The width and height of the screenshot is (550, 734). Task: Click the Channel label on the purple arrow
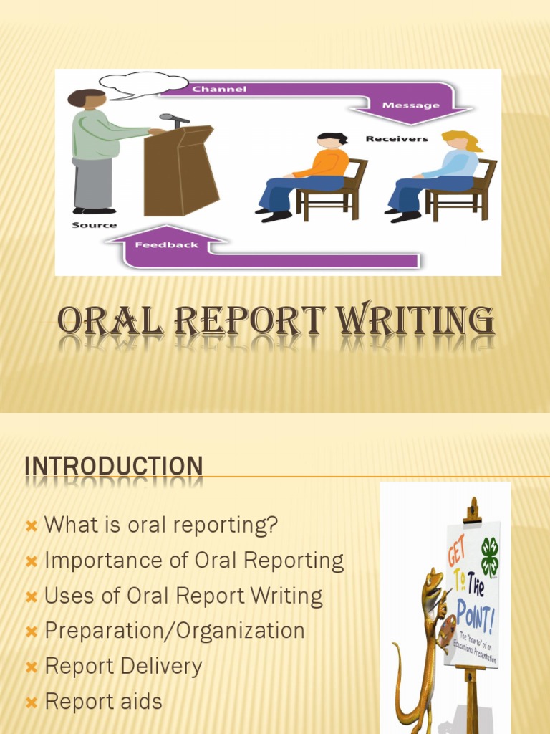tap(219, 90)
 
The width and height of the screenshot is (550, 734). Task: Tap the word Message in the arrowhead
tap(410, 105)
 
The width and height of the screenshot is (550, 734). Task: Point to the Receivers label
tap(396, 139)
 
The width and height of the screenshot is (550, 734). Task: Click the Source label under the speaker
tap(94, 225)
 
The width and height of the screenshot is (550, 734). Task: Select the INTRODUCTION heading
tap(114, 466)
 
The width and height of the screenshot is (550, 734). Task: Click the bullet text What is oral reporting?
tap(161, 525)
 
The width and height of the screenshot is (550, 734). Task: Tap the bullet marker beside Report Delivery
tap(31, 667)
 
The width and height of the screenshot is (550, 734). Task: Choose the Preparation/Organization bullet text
tap(175, 631)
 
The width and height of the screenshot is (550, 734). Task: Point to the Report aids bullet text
tap(104, 701)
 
